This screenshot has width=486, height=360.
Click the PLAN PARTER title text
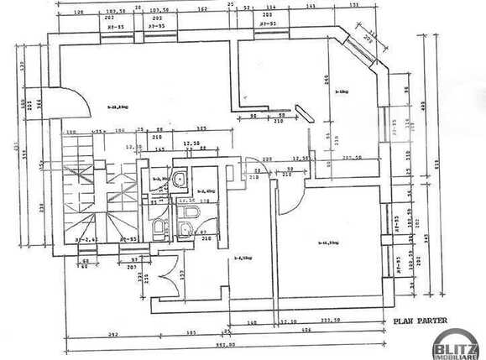pos(420,320)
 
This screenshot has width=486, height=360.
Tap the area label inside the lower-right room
pos(327,243)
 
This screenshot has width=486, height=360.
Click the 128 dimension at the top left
pos(79,13)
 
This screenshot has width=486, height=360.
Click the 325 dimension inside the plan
pos(201,129)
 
